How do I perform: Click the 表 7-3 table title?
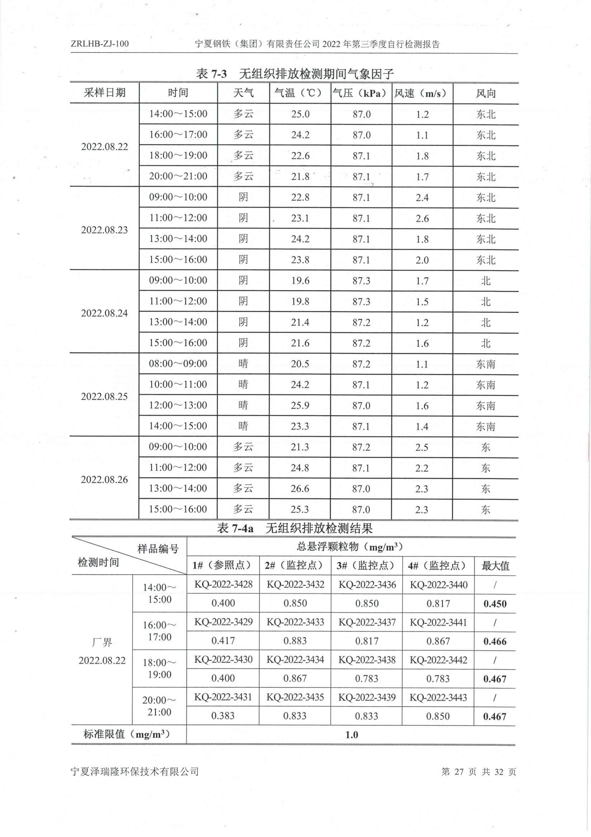295,74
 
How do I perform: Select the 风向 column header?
485,93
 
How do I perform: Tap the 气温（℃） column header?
300,93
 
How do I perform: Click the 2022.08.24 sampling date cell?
104,313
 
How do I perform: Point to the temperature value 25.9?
300,405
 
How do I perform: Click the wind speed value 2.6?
422,218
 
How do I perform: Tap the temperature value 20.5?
300,364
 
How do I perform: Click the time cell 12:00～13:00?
178,405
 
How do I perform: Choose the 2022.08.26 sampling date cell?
104,479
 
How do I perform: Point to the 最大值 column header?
495,566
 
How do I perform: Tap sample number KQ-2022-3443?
438,697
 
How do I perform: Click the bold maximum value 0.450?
495,604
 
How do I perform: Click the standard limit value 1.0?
351,735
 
